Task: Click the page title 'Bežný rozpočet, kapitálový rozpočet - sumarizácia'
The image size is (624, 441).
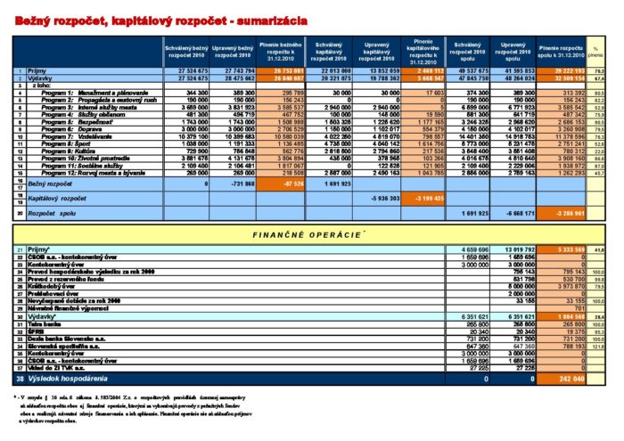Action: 161,19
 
